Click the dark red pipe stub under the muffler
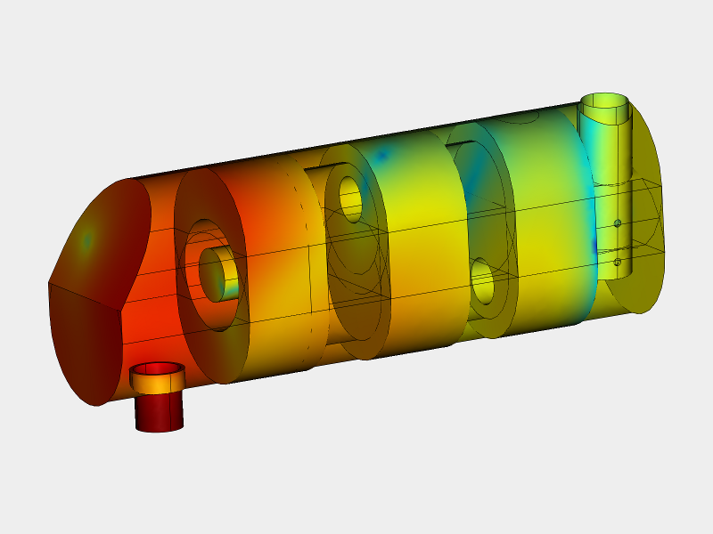(x=159, y=411)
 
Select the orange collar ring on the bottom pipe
(x=157, y=382)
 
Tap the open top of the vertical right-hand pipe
(x=606, y=101)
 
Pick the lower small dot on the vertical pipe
(x=617, y=262)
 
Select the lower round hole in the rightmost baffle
(x=483, y=282)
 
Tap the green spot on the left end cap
(x=87, y=239)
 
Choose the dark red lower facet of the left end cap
(x=85, y=347)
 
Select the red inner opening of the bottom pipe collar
(x=158, y=368)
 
